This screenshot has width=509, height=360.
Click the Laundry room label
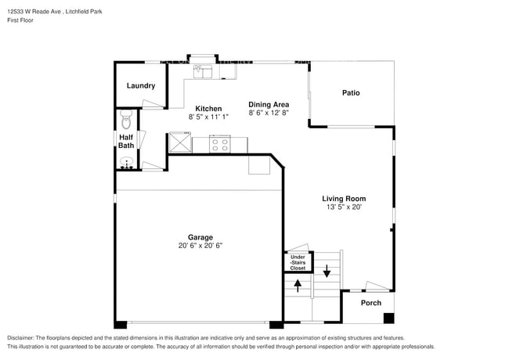140,86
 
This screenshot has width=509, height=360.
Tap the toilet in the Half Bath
125,120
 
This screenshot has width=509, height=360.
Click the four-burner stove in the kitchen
219,144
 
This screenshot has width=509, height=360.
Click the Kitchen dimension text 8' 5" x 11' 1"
208,117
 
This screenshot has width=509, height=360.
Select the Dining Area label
269,104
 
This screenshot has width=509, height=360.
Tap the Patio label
351,93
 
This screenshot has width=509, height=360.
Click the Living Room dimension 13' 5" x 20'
345,207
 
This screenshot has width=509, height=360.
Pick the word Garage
200,237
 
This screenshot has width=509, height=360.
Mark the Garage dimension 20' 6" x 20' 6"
200,246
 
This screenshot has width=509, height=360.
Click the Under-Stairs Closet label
298,262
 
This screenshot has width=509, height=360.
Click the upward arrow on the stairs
297,286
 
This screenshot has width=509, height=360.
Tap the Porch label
371,303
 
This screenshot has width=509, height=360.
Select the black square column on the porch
388,319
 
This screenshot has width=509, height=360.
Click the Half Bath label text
126,142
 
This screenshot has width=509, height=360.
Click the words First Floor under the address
20,21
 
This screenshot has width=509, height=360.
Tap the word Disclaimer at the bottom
22,337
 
